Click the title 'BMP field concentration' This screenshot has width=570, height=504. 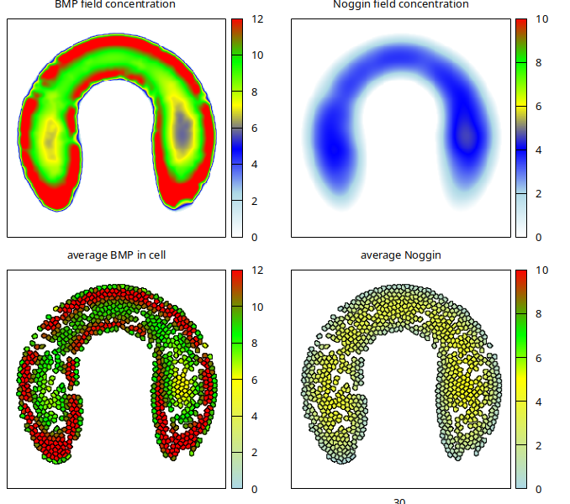point(115,4)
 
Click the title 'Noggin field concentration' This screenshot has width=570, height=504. point(400,4)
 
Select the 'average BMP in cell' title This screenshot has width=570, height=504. point(116,255)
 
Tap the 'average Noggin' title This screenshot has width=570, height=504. point(401,255)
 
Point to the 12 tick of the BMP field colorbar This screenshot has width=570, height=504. point(256,19)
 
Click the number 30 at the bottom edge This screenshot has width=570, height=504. point(399,501)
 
